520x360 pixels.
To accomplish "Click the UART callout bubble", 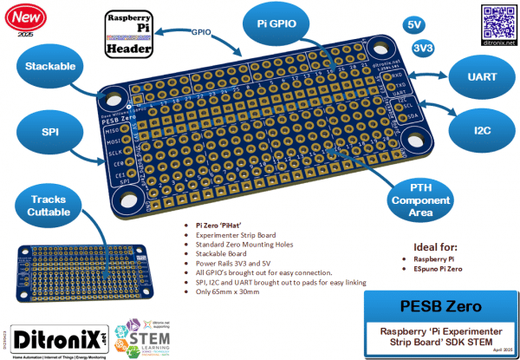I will pos(481,77).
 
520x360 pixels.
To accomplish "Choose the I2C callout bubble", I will pos(481,132).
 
